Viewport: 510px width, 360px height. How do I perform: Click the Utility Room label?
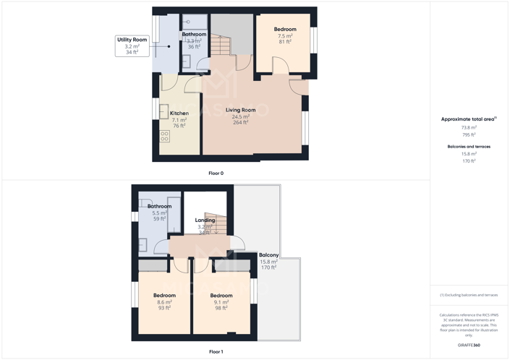coord(132,40)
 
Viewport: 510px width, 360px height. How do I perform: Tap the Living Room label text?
coord(240,111)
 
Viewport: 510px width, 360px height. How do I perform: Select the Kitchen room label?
coord(179,113)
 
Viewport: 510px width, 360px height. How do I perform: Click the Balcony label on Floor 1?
coord(268,255)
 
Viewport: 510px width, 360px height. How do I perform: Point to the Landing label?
coord(205,220)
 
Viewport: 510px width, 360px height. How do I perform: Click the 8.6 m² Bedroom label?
coord(164,296)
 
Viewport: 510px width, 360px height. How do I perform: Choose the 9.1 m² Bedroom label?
coord(221,296)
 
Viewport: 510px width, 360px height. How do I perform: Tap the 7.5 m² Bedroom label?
coord(285,30)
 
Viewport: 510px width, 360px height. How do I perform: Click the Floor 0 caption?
coord(216,173)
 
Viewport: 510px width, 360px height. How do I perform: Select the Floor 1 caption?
coord(216,352)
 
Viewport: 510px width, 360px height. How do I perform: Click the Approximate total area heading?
coord(468,119)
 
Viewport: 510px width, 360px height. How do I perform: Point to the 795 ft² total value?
coord(469,134)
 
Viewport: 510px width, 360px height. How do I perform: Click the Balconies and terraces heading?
coord(469,147)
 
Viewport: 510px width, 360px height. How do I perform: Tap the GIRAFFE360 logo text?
coord(469,346)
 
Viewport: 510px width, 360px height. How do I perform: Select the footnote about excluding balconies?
coord(469,295)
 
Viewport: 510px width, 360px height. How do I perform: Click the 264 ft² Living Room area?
coord(241,123)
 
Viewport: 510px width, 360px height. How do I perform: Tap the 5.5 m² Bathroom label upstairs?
coord(159,207)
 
